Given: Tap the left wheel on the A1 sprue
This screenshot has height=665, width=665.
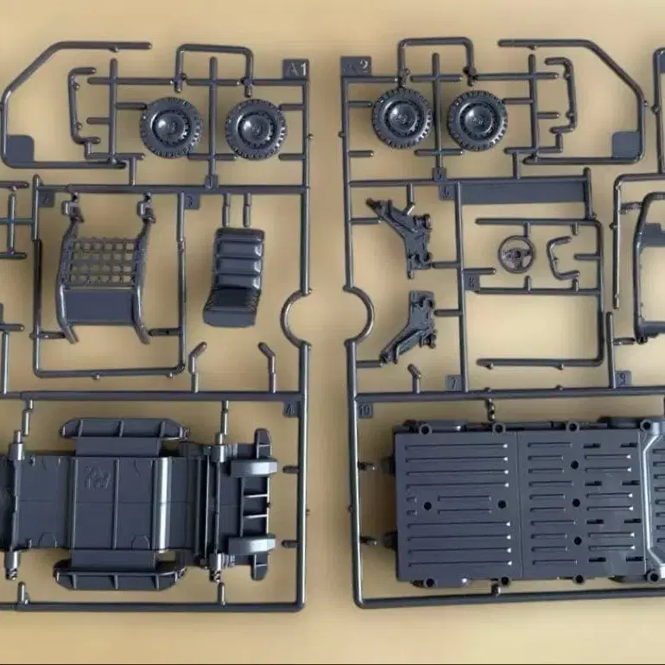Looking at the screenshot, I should click(170, 126).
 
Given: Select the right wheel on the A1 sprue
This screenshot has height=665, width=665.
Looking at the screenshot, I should click(255, 129).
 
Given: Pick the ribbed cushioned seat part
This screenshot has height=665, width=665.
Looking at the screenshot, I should click(234, 276).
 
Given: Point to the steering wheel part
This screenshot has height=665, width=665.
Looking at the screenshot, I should click(516, 254).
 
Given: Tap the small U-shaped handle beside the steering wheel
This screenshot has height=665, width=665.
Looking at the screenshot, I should click(563, 257).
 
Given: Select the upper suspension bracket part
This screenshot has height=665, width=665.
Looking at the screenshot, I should click(402, 231).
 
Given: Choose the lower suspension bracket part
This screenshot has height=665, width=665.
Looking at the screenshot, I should click(410, 327).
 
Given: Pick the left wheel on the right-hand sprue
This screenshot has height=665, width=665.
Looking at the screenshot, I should click(402, 117).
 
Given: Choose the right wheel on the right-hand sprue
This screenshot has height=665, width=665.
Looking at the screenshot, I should click(477, 120).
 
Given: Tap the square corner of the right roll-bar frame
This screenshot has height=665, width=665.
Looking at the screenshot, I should click(626, 143).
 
